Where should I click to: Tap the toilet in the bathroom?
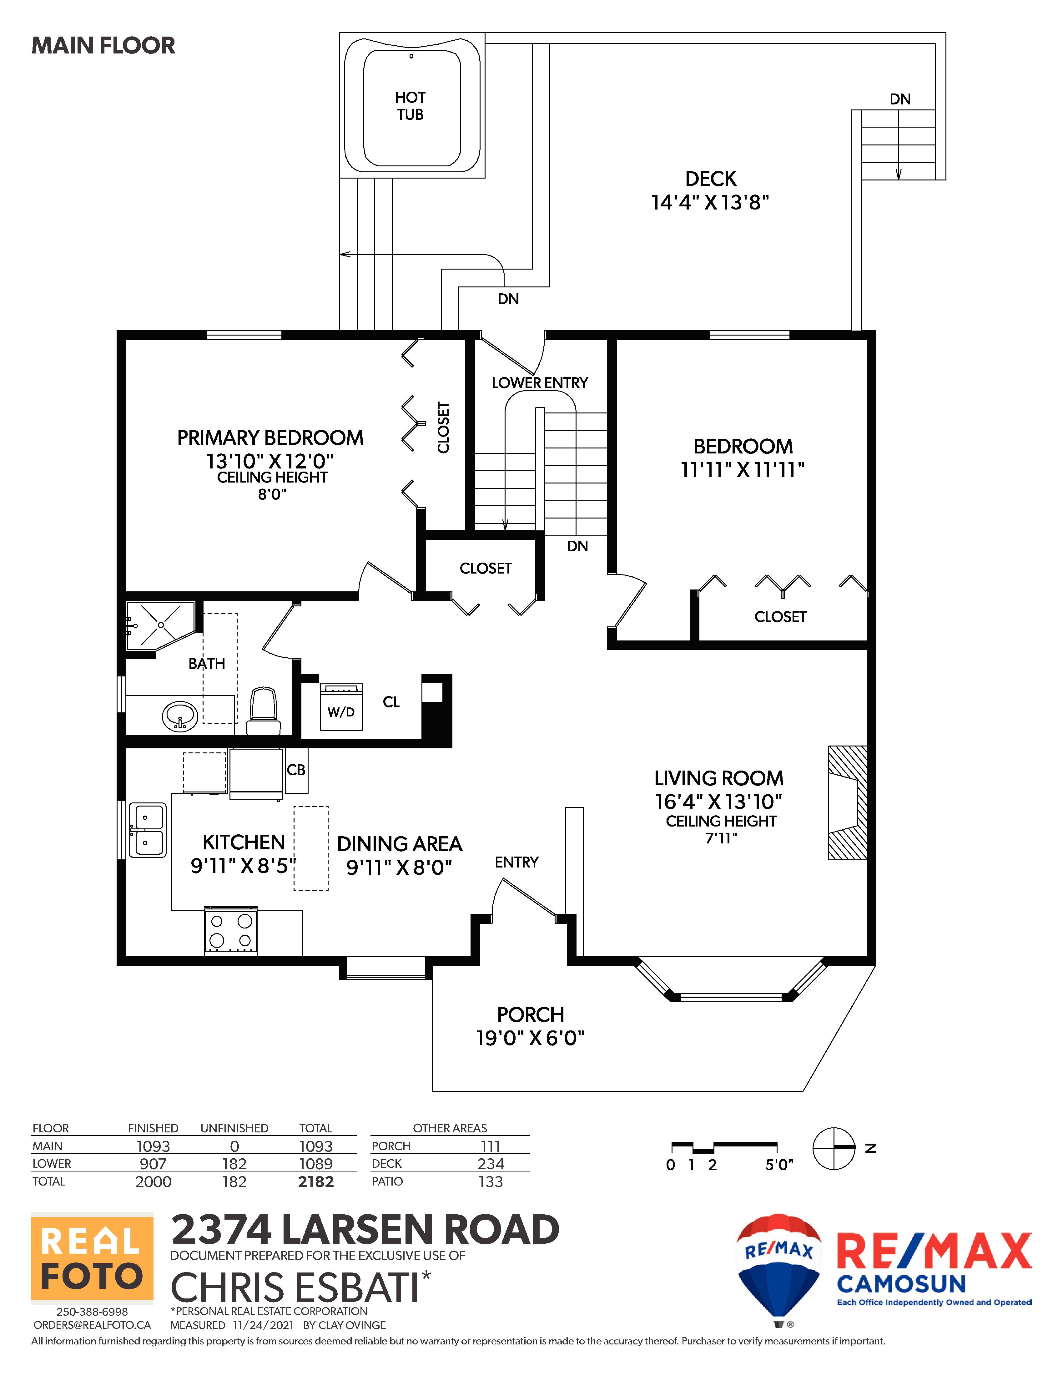point(263,710)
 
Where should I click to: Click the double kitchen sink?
point(147,830)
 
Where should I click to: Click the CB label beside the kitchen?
point(296,770)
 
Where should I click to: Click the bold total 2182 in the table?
point(315,1182)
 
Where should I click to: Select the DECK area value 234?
point(491,1164)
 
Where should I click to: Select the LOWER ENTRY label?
point(540,382)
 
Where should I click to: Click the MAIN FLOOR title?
point(103,45)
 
